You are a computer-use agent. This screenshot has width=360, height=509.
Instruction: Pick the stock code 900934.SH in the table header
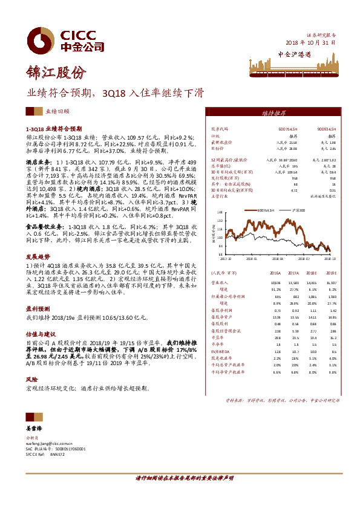pos(327,129)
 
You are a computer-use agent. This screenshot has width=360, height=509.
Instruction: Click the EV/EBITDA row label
pos(220,351)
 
